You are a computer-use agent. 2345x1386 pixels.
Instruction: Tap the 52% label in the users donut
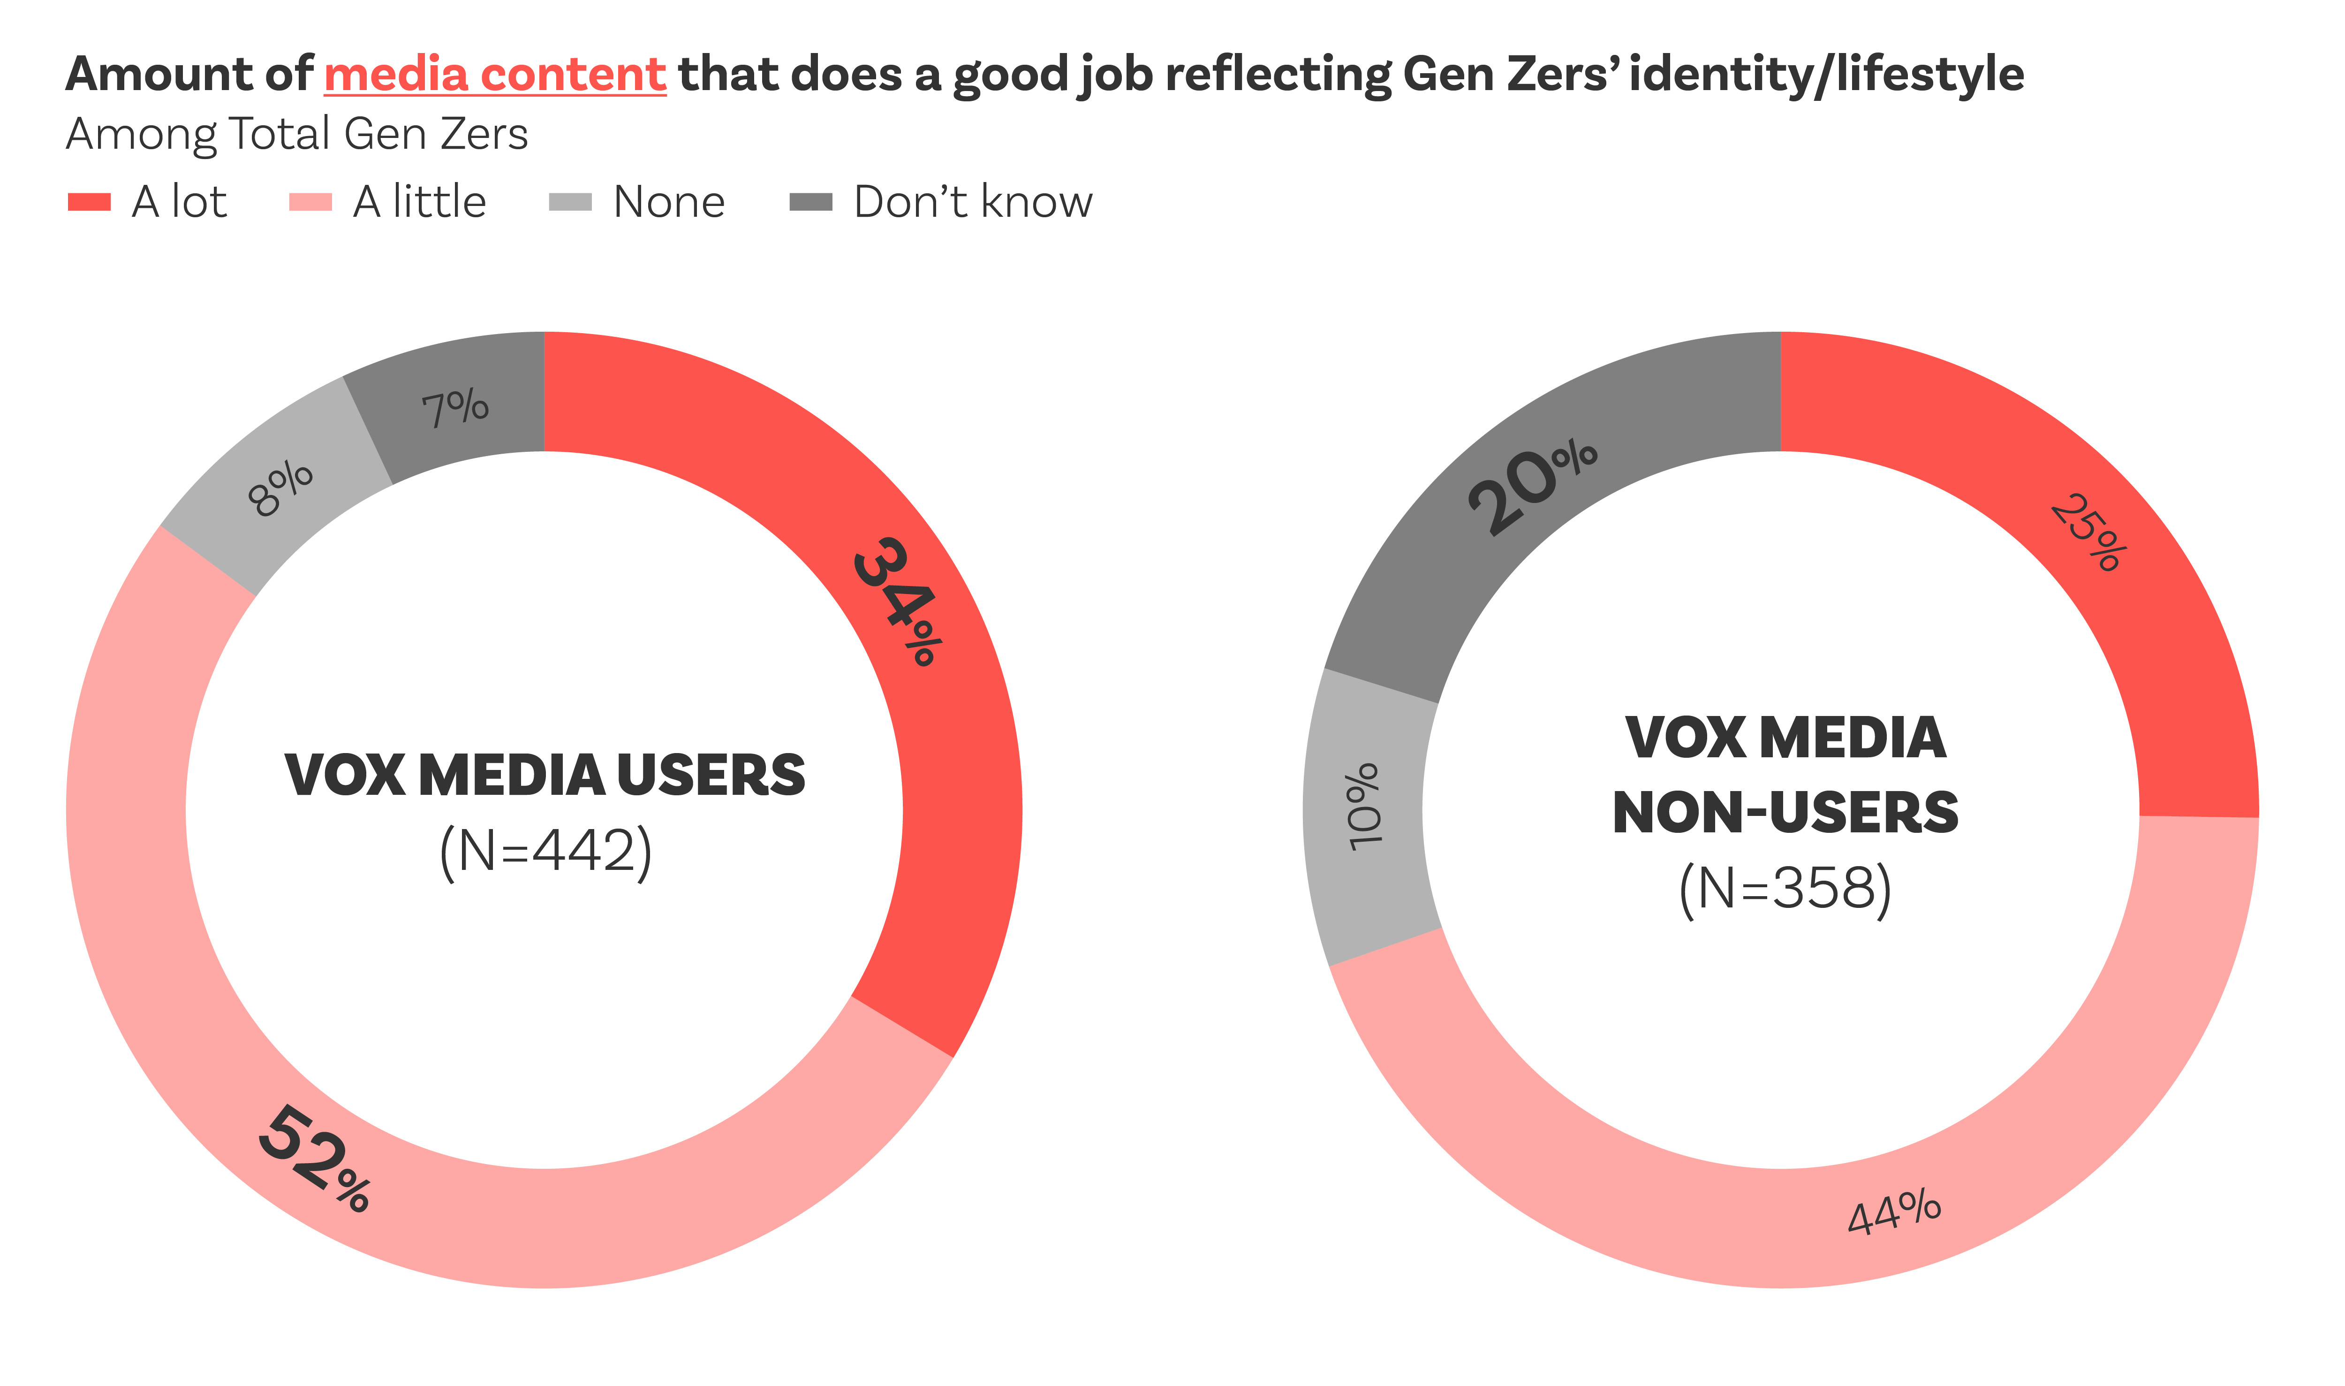pyautogui.click(x=315, y=1158)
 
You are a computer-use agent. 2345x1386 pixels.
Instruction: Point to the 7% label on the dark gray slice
pyautogui.click(x=454, y=407)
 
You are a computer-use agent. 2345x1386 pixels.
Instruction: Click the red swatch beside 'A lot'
pyautogui.click(x=90, y=202)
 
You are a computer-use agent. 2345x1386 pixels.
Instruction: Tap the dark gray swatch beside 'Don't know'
pyautogui.click(x=810, y=202)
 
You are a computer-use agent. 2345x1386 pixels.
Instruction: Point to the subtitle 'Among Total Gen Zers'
pyautogui.click(x=297, y=134)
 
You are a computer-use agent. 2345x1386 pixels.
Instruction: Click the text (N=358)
pyautogui.click(x=1785, y=888)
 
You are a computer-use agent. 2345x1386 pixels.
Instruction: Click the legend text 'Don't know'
pyautogui.click(x=973, y=202)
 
